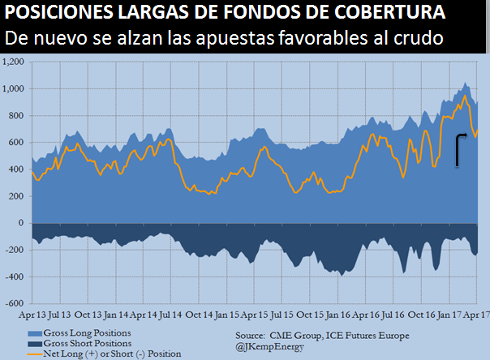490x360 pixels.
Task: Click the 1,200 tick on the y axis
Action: (x=15, y=62)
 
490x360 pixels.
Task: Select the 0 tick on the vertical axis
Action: (x=24, y=223)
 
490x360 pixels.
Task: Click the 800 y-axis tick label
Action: (x=19, y=115)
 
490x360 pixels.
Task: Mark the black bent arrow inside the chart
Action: (x=461, y=149)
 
